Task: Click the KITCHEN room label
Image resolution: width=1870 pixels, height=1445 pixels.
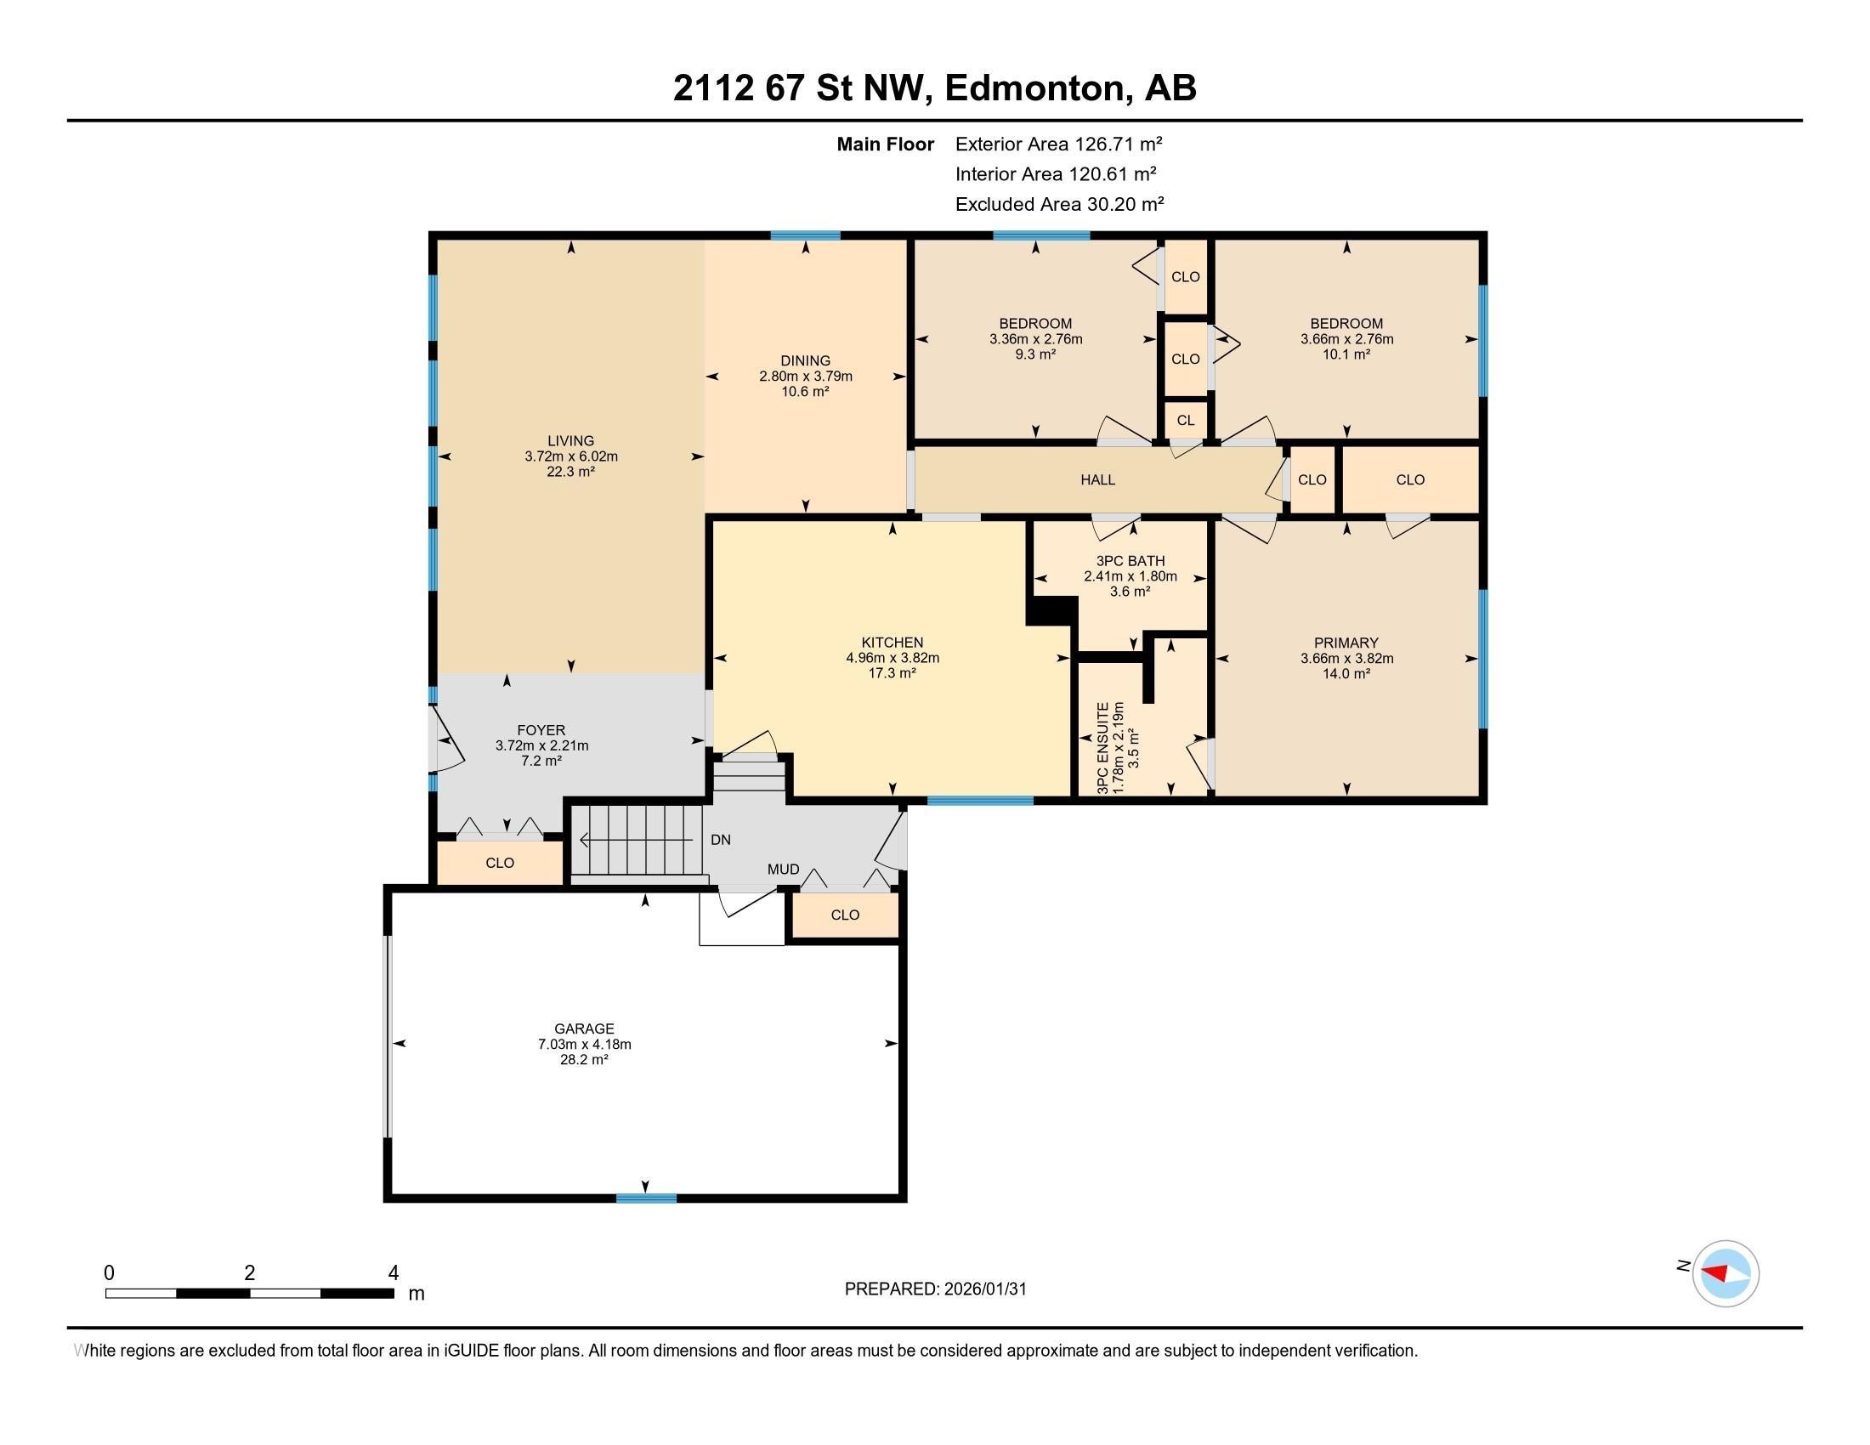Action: pos(892,642)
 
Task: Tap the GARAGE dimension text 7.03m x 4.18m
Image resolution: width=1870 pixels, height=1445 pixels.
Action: pos(584,1045)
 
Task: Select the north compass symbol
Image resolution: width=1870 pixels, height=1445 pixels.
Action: pos(1725,1274)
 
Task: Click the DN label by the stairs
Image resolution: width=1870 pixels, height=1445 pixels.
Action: pos(720,840)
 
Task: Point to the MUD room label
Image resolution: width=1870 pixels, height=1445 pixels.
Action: pos(783,869)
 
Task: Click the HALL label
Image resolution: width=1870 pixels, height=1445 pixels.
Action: pos(1096,479)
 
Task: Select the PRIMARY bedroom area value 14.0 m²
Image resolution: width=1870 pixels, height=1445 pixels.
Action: pos(1346,674)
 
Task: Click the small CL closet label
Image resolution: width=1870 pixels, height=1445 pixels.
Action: pos(1185,420)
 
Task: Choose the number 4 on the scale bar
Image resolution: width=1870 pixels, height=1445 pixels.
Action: pos(393,1273)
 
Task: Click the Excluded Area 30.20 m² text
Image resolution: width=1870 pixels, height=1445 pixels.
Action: pos(1059,204)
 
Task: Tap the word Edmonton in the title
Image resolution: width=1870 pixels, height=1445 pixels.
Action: pos(1034,88)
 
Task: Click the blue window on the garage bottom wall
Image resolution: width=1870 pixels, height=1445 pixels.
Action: pos(646,1198)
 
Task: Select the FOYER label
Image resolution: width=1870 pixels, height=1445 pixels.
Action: pos(541,730)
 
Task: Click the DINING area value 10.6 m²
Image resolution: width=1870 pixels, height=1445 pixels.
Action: pos(805,391)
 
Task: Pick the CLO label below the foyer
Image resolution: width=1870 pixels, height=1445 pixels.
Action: pos(499,863)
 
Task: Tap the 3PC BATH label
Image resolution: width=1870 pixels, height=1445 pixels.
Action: pos(1130,561)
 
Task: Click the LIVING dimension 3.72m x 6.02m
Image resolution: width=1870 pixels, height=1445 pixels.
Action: pos(571,456)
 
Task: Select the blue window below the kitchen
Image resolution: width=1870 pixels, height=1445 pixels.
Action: pos(979,801)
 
